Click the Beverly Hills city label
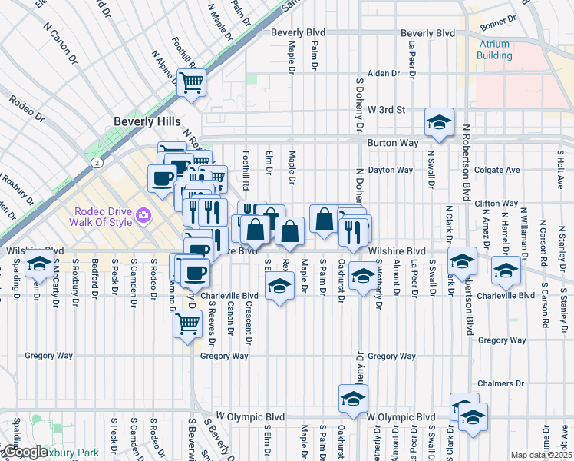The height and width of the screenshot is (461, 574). (147, 121)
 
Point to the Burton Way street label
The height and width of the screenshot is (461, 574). (391, 143)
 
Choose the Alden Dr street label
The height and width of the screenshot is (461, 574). (384, 74)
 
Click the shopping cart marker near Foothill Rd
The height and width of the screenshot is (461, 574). (191, 82)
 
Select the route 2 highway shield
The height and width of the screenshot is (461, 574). (97, 163)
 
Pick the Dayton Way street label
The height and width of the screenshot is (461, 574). (390, 170)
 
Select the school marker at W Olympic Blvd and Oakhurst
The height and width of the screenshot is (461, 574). (353, 399)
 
